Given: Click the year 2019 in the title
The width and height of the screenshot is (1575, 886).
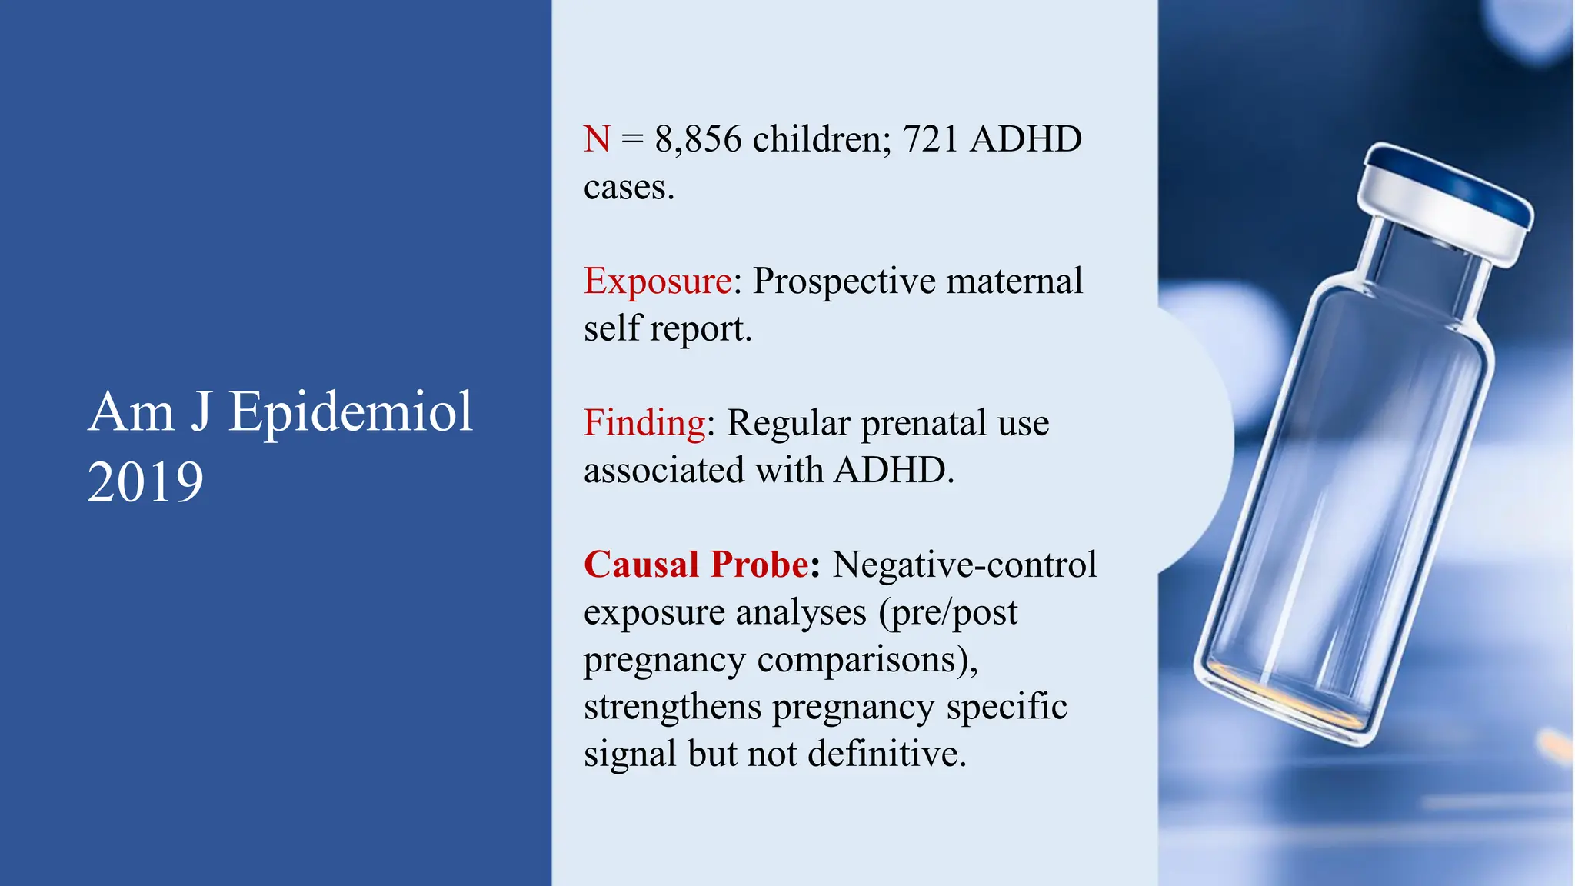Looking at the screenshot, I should tap(145, 482).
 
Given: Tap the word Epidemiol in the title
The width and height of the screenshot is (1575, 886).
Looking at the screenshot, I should tap(351, 413).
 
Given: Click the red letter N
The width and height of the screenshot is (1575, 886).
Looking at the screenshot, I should tap(597, 139).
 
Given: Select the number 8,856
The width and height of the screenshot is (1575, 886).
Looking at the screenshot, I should tap(698, 139).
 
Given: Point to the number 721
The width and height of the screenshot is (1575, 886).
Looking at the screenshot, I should tap(930, 139).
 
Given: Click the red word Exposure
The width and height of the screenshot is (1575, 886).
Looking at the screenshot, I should tap(658, 281).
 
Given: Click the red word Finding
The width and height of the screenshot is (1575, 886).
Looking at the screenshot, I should tap(644, 422).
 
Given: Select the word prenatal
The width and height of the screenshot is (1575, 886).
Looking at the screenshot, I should tap(923, 422).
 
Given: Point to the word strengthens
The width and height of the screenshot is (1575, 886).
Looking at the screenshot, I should tap(672, 707).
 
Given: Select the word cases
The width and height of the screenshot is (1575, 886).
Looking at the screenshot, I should tap(628, 188).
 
